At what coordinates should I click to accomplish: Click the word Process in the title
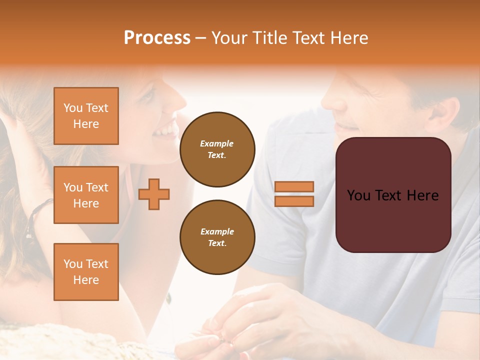point(157,37)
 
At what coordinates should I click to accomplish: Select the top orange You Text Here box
point(86,116)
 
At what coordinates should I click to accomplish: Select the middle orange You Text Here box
point(86,195)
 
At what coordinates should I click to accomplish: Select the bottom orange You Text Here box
point(86,271)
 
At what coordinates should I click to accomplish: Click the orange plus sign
point(154,193)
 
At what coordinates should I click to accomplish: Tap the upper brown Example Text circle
point(217,149)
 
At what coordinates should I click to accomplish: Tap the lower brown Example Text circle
point(217,237)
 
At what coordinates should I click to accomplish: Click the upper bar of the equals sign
point(294,186)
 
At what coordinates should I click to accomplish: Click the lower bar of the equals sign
point(294,201)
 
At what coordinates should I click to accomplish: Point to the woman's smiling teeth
point(165,131)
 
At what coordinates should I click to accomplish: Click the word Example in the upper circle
point(217,143)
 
